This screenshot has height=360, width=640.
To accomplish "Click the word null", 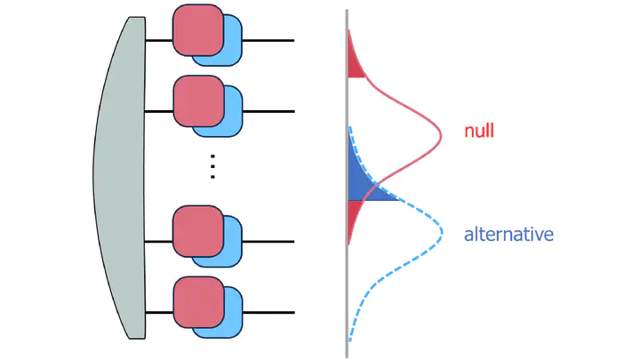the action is [x=479, y=131].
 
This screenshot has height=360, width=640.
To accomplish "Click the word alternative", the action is [x=508, y=235].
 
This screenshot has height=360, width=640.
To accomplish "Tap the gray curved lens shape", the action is [x=120, y=178].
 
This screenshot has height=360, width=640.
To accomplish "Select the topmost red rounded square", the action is [x=198, y=30].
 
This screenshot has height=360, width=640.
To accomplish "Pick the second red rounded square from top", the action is [x=199, y=100].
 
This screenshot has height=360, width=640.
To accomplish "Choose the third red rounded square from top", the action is [x=198, y=231].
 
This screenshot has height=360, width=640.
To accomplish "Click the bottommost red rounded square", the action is [x=199, y=302].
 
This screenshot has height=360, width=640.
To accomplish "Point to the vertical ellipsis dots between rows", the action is [x=212, y=166].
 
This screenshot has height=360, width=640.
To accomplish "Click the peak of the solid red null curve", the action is [x=441, y=135].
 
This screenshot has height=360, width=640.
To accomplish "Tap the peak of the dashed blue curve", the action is [x=442, y=233].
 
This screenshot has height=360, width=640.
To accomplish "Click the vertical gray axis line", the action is [x=347, y=184].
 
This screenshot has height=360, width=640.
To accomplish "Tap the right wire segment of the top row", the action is [x=268, y=40].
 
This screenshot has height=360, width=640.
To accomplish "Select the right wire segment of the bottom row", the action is [x=268, y=313].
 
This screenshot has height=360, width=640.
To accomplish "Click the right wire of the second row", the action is [x=268, y=111].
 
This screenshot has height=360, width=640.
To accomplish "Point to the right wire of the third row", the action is [x=268, y=242].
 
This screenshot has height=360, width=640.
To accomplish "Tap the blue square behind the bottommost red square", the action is [x=231, y=323].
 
